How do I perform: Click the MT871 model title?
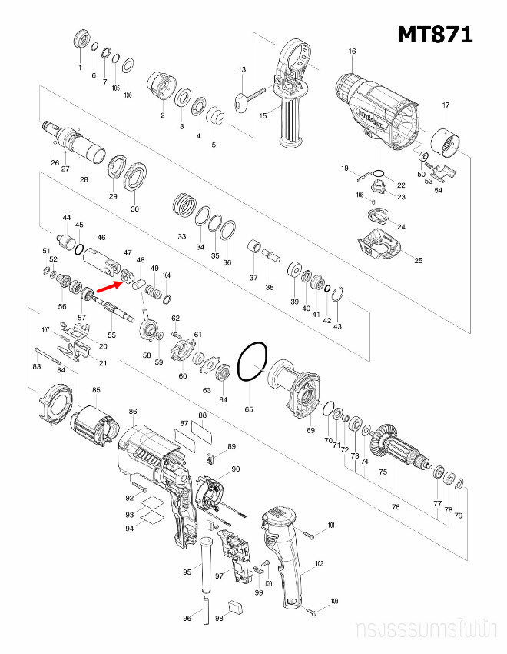pyautogui.click(x=434, y=35)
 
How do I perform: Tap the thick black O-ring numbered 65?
pyautogui.click(x=252, y=362)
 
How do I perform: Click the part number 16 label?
pyautogui.click(x=352, y=52)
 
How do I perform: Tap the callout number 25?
pyautogui.click(x=419, y=261)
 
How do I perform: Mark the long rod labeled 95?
pyautogui.click(x=207, y=566)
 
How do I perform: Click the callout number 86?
pyautogui.click(x=133, y=412)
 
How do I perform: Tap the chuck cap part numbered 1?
pyautogui.click(x=80, y=41)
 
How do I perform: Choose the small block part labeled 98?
pyautogui.click(x=236, y=606)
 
